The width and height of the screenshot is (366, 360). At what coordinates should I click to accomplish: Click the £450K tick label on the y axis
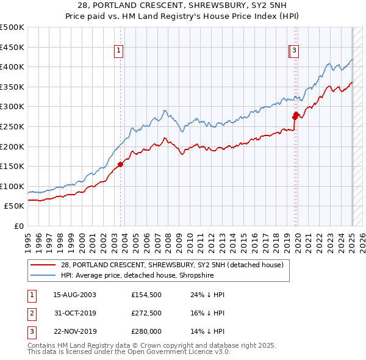(x=12, y=47)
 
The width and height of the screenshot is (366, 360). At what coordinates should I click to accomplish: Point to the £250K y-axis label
(x=12, y=126)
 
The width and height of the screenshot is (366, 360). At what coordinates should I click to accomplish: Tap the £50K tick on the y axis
(x=14, y=206)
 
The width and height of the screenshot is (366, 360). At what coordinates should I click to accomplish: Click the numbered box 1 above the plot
(x=118, y=51)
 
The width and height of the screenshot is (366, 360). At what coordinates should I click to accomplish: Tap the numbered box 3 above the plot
(x=295, y=51)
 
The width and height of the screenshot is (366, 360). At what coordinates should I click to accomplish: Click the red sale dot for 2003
(x=121, y=164)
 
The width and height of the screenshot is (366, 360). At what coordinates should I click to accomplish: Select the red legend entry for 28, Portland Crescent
(x=172, y=265)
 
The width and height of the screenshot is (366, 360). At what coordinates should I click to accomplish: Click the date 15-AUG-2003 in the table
(x=75, y=295)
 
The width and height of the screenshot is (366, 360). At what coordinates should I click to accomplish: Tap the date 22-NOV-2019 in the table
(x=75, y=333)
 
